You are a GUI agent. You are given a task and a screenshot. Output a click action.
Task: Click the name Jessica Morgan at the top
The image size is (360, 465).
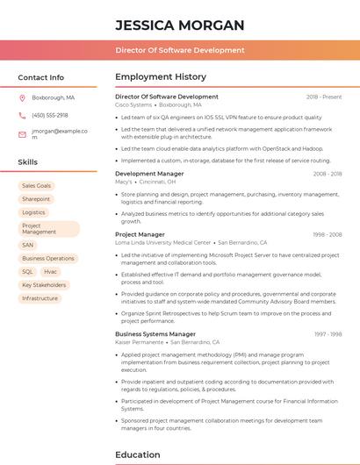[x=179, y=25]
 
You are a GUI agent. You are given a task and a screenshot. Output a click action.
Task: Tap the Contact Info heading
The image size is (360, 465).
[x=40, y=77]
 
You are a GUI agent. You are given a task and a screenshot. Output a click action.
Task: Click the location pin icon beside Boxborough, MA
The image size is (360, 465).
[x=22, y=97]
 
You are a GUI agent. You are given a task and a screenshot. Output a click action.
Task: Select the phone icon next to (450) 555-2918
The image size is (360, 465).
[x=22, y=115]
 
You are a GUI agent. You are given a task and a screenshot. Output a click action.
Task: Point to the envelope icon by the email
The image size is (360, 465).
[x=22, y=134]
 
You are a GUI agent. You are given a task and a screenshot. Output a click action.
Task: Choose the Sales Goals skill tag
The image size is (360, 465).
[x=37, y=186]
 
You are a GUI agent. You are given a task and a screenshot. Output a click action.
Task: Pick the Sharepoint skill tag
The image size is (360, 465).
[x=36, y=199]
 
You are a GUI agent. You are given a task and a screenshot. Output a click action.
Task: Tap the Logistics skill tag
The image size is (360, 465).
[x=33, y=212]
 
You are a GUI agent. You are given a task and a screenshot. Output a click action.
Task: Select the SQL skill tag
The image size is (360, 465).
[x=27, y=272]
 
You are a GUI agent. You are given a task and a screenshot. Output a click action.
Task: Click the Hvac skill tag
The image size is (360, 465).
[x=50, y=272]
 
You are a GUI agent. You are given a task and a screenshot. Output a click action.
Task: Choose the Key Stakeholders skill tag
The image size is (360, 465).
[x=44, y=285]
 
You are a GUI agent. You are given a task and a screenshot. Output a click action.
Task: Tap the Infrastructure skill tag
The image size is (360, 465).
[x=40, y=298]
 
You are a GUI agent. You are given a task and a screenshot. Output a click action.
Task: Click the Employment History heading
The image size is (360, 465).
[x=161, y=77]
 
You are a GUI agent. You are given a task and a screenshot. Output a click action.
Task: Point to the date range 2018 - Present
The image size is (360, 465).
[x=324, y=97]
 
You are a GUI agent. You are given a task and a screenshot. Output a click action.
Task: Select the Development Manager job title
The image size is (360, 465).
[x=149, y=174]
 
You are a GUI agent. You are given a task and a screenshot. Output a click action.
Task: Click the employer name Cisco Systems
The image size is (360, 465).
[x=133, y=104]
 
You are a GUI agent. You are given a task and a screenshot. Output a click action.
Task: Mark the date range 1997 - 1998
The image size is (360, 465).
[x=328, y=334]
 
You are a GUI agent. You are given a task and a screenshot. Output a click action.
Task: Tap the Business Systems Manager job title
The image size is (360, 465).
[x=155, y=334]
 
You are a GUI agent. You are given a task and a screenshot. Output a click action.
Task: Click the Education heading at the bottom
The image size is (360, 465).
[x=137, y=454]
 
